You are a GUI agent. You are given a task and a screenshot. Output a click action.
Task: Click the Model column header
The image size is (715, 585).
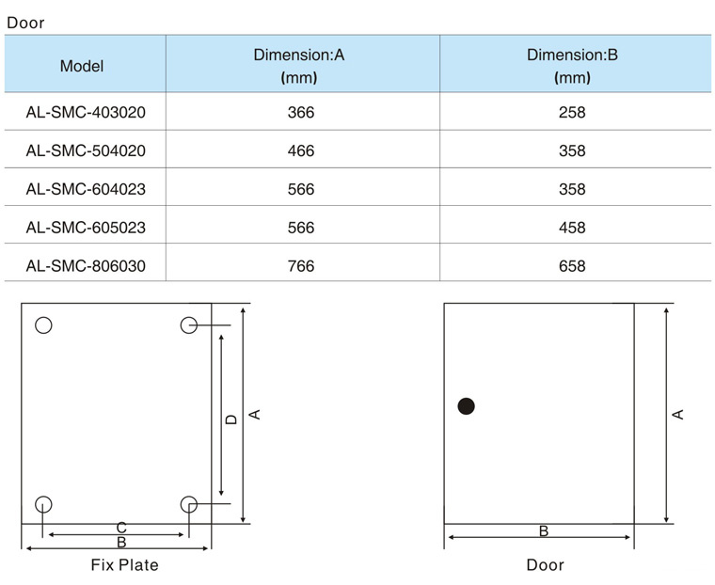[x=82, y=66]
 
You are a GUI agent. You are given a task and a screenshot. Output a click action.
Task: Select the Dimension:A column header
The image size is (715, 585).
[x=298, y=66]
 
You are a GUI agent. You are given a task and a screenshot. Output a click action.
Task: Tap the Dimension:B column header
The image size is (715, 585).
[x=572, y=66]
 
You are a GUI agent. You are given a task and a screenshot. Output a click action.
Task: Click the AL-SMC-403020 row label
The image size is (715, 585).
[x=86, y=112]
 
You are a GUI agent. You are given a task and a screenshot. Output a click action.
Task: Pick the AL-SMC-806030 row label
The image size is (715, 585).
[x=86, y=266]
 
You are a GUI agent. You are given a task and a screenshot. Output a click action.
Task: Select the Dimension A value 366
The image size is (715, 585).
[x=301, y=112]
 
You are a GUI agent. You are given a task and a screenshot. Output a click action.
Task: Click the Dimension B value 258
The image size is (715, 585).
[x=572, y=112]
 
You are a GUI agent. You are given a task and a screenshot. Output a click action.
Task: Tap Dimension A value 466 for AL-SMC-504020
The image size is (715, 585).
[x=301, y=150]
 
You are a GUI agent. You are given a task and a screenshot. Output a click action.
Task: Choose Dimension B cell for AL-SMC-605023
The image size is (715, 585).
[x=572, y=228]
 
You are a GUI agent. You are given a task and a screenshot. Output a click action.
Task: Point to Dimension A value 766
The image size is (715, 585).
[x=301, y=266]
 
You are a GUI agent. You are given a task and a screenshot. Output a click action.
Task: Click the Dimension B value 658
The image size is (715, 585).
[x=572, y=266]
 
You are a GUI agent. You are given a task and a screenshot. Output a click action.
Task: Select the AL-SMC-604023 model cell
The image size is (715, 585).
[x=86, y=189]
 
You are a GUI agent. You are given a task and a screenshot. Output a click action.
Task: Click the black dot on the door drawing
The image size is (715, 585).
[x=466, y=405]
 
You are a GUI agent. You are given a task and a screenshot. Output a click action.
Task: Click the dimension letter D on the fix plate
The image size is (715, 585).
[x=231, y=419]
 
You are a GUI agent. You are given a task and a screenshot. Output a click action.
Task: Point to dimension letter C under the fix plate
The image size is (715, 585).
[x=121, y=528]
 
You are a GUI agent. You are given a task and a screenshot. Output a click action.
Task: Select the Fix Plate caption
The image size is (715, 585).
[x=124, y=565]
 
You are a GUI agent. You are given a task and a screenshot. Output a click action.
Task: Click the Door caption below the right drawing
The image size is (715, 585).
[x=545, y=565]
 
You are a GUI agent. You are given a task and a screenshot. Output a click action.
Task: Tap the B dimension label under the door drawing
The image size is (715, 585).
[x=544, y=531]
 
